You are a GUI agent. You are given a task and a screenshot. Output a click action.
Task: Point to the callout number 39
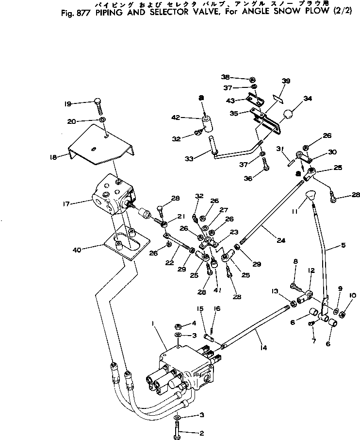click(286, 81)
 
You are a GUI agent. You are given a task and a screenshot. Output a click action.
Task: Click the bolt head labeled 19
click(97, 102)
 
